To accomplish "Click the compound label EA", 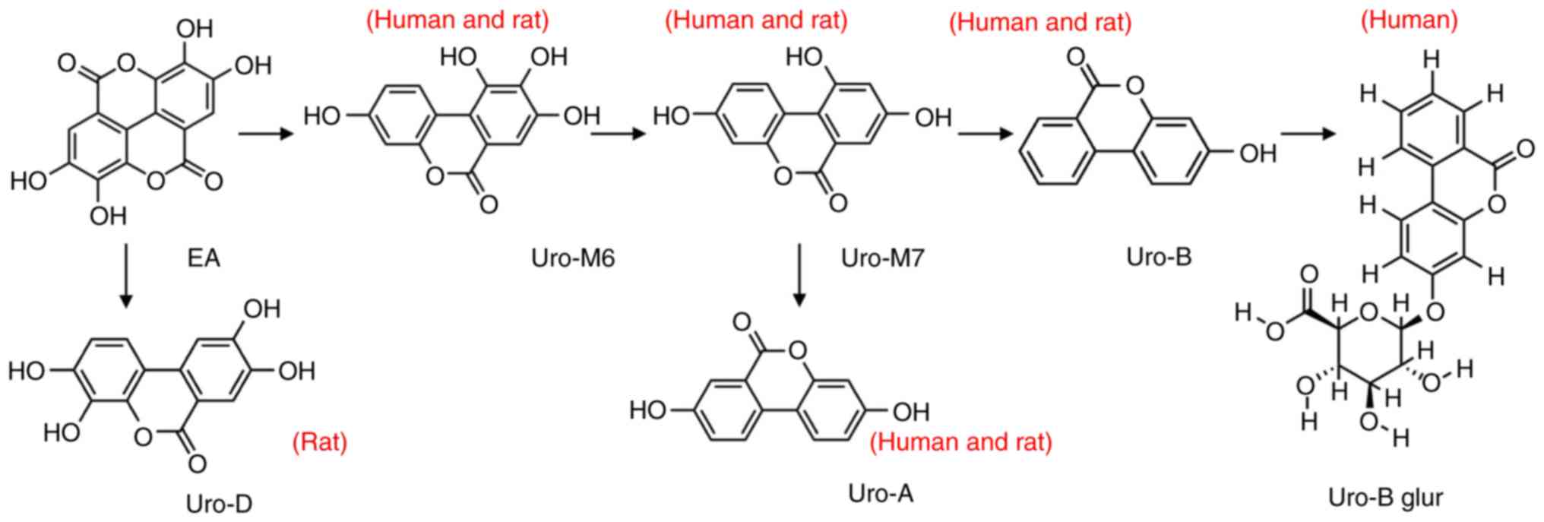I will (x=204, y=258).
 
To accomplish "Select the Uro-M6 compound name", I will (x=573, y=258).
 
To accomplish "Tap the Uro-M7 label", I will (x=882, y=258).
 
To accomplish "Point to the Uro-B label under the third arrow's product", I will (x=1159, y=257).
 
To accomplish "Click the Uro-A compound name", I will (x=881, y=494).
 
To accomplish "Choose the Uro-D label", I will (x=219, y=504).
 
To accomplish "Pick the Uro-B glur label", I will (x=1385, y=498).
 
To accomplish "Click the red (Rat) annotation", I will (x=320, y=441).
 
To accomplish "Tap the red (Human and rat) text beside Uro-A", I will (x=961, y=441).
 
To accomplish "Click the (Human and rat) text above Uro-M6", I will (x=457, y=20).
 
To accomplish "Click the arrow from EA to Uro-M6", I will (x=266, y=134).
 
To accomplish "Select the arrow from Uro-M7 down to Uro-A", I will (x=798, y=275).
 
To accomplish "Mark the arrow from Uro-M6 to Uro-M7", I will (x=618, y=134).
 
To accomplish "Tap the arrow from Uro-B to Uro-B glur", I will (x=1308, y=134).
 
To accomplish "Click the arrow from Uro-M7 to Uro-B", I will (x=986, y=134).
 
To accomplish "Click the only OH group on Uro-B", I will (x=1258, y=154).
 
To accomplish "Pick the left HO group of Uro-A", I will (x=647, y=411).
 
